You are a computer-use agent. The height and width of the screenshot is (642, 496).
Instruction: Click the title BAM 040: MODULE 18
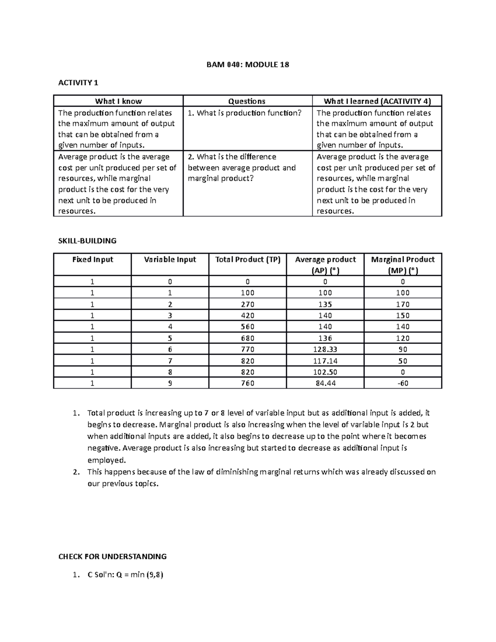(248, 65)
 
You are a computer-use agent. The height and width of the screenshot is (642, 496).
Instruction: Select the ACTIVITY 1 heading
(79, 83)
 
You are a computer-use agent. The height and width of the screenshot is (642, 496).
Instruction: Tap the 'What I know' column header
(118, 101)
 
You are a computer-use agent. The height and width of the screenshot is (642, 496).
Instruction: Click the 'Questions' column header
(247, 101)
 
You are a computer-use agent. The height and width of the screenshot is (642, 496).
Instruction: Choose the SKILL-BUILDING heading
(88, 241)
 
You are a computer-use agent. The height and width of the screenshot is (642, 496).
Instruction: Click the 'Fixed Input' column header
(93, 260)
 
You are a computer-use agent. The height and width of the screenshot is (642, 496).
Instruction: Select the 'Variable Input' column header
(170, 260)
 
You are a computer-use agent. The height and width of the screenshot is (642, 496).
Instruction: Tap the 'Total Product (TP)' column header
(248, 260)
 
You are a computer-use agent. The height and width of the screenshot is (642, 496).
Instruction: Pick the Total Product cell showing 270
(248, 304)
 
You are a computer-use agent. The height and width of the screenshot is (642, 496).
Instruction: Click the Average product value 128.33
(325, 349)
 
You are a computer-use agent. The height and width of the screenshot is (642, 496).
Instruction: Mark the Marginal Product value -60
(403, 383)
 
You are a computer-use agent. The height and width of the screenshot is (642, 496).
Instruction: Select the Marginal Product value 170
(403, 304)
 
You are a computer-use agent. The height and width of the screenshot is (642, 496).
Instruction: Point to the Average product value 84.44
(325, 383)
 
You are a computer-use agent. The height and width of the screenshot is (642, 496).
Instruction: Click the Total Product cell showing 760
(248, 383)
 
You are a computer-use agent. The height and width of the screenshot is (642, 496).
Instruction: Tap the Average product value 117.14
(325, 361)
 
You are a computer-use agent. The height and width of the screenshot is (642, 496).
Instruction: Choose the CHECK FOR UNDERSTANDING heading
(112, 556)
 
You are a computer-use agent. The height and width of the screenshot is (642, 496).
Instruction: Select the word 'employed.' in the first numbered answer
(106, 460)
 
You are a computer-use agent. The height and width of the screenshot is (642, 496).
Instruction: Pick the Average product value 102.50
(325, 372)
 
